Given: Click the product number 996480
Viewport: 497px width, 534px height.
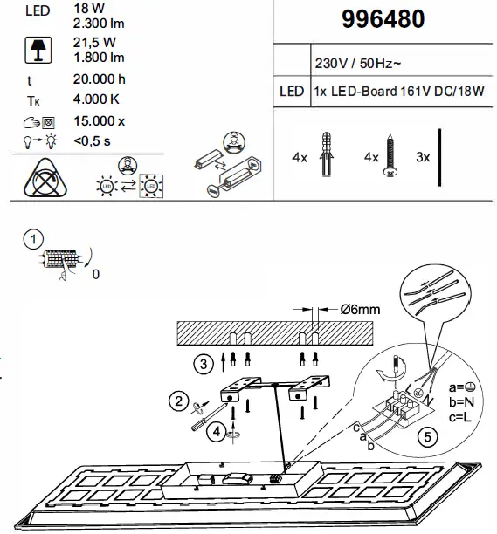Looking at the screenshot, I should tap(384, 19).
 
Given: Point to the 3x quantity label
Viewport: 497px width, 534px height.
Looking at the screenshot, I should tap(424, 158).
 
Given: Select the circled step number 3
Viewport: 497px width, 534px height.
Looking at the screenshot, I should tap(203, 363).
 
